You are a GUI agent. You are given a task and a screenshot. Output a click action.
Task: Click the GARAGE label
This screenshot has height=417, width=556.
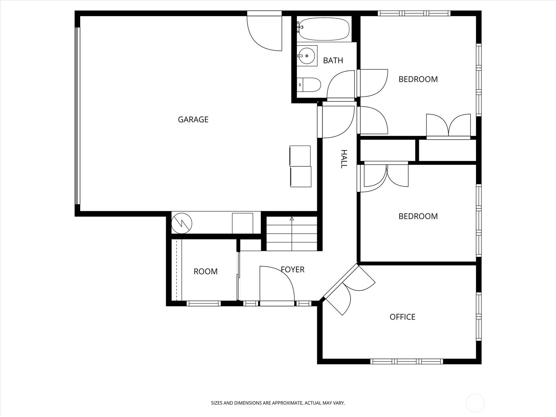coord(193,120)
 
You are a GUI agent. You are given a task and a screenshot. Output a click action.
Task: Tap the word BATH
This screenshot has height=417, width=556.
coord(333,60)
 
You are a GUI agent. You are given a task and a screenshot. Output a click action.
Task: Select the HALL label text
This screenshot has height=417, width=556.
coord(343,159)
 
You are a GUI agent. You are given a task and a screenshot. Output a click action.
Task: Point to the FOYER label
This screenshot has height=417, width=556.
coord(293,269)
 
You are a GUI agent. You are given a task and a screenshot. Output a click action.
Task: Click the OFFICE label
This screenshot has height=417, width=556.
coord(402,317)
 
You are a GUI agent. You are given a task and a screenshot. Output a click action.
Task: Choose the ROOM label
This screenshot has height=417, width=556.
coord(205,271)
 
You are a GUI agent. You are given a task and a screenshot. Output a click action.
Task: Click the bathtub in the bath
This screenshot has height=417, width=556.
coord(324,29)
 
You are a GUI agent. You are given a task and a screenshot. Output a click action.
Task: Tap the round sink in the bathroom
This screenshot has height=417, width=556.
coord(307,56)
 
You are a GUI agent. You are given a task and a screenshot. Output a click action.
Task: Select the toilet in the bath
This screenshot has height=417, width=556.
coord(309,85)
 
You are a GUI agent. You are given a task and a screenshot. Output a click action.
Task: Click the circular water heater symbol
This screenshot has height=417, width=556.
coord(182,223)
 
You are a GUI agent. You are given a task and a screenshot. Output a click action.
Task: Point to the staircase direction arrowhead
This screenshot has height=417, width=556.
coord(292,219)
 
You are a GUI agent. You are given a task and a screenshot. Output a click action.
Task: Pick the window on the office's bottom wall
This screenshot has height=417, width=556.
coord(407,361)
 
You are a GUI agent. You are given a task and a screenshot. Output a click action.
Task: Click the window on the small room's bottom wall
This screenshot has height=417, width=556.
coord(204,303)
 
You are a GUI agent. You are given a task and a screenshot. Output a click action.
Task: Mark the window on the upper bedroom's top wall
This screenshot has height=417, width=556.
coord(414,13)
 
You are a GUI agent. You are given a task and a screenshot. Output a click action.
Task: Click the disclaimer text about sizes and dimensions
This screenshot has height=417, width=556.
coord(278,403)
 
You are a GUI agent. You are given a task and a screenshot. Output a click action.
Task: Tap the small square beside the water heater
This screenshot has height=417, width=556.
coord(243,223)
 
